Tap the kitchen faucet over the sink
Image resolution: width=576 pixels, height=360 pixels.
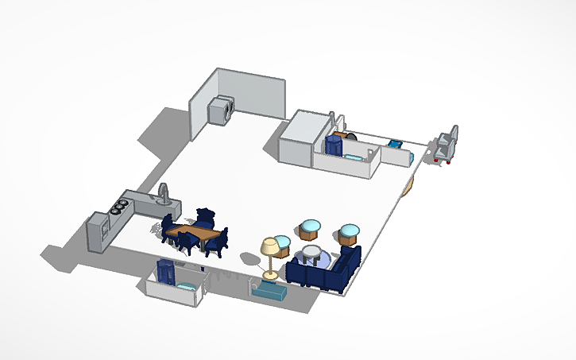(x=164, y=192)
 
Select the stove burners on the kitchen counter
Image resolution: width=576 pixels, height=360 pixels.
(x=120, y=206)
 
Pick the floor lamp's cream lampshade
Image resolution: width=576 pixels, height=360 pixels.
(x=271, y=247)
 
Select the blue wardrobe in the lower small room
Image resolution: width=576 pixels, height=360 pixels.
(x=167, y=271)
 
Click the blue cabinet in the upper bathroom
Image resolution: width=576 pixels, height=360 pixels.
(x=332, y=145)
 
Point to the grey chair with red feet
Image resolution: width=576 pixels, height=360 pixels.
(x=446, y=145)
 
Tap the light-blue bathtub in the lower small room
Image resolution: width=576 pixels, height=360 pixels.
(x=187, y=285)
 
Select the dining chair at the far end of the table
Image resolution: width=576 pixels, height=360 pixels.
(x=207, y=217)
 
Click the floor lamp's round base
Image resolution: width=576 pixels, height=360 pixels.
(x=271, y=275)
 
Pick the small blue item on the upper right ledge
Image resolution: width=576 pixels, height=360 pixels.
(x=395, y=145)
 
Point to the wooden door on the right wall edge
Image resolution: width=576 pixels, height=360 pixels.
(x=408, y=186)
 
